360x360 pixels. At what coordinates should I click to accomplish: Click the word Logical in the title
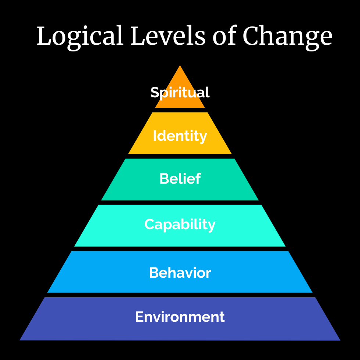point(80,37)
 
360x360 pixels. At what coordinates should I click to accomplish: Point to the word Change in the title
point(287,37)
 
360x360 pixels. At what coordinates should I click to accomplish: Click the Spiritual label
point(180,92)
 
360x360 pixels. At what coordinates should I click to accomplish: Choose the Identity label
point(180,136)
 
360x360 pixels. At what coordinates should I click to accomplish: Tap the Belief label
point(180,179)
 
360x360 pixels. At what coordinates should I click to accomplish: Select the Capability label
point(180,224)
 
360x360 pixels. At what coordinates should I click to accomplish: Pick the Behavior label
point(180,273)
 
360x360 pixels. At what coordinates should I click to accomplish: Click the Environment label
point(180,317)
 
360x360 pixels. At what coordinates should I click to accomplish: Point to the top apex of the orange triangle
point(180,66)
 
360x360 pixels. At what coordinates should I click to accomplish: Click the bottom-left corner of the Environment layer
point(20,340)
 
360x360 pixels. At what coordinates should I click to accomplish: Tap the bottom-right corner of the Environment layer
point(340,340)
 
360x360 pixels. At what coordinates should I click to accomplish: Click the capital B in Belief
point(164,179)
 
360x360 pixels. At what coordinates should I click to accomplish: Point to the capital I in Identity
point(155,136)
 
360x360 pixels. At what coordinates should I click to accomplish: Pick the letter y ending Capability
point(212,226)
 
